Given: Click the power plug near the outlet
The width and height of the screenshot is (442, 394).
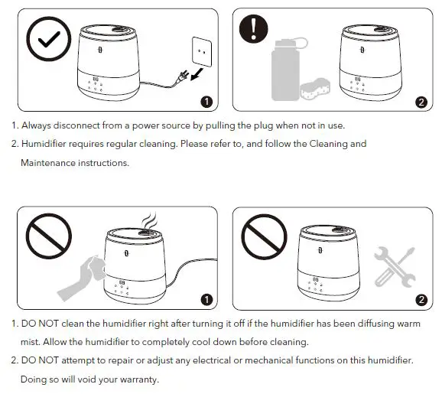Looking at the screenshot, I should tap(183, 75).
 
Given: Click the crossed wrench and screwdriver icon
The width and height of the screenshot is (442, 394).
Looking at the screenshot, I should tap(395, 269).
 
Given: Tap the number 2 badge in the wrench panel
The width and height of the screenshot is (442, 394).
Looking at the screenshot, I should tap(419, 298).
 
